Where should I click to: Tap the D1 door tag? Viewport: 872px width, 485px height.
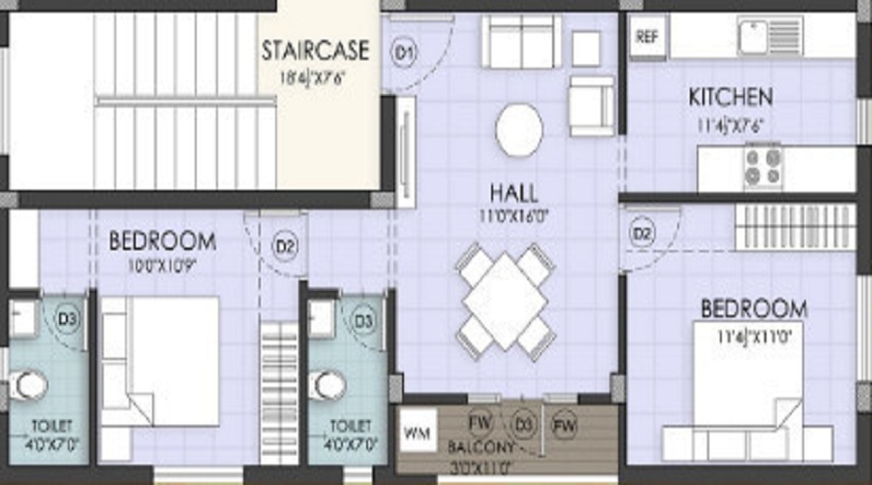click(404, 54)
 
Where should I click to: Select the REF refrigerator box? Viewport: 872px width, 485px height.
click(645, 38)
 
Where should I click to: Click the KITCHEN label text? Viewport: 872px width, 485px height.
click(731, 97)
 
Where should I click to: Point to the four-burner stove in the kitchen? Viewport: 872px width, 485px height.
click(763, 168)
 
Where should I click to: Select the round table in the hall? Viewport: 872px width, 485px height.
click(519, 129)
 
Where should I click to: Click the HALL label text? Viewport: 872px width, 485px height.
click(514, 192)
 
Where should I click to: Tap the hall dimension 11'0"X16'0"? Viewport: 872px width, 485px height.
click(514, 214)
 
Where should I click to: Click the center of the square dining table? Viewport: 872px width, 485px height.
click(506, 301)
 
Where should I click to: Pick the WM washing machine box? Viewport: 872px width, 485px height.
click(416, 430)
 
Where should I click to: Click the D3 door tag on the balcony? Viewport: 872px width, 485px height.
click(523, 424)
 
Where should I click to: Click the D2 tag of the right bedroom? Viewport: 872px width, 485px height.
click(642, 233)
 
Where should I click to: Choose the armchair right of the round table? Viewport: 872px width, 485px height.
click(591, 105)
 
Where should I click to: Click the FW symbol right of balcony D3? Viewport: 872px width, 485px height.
click(565, 424)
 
